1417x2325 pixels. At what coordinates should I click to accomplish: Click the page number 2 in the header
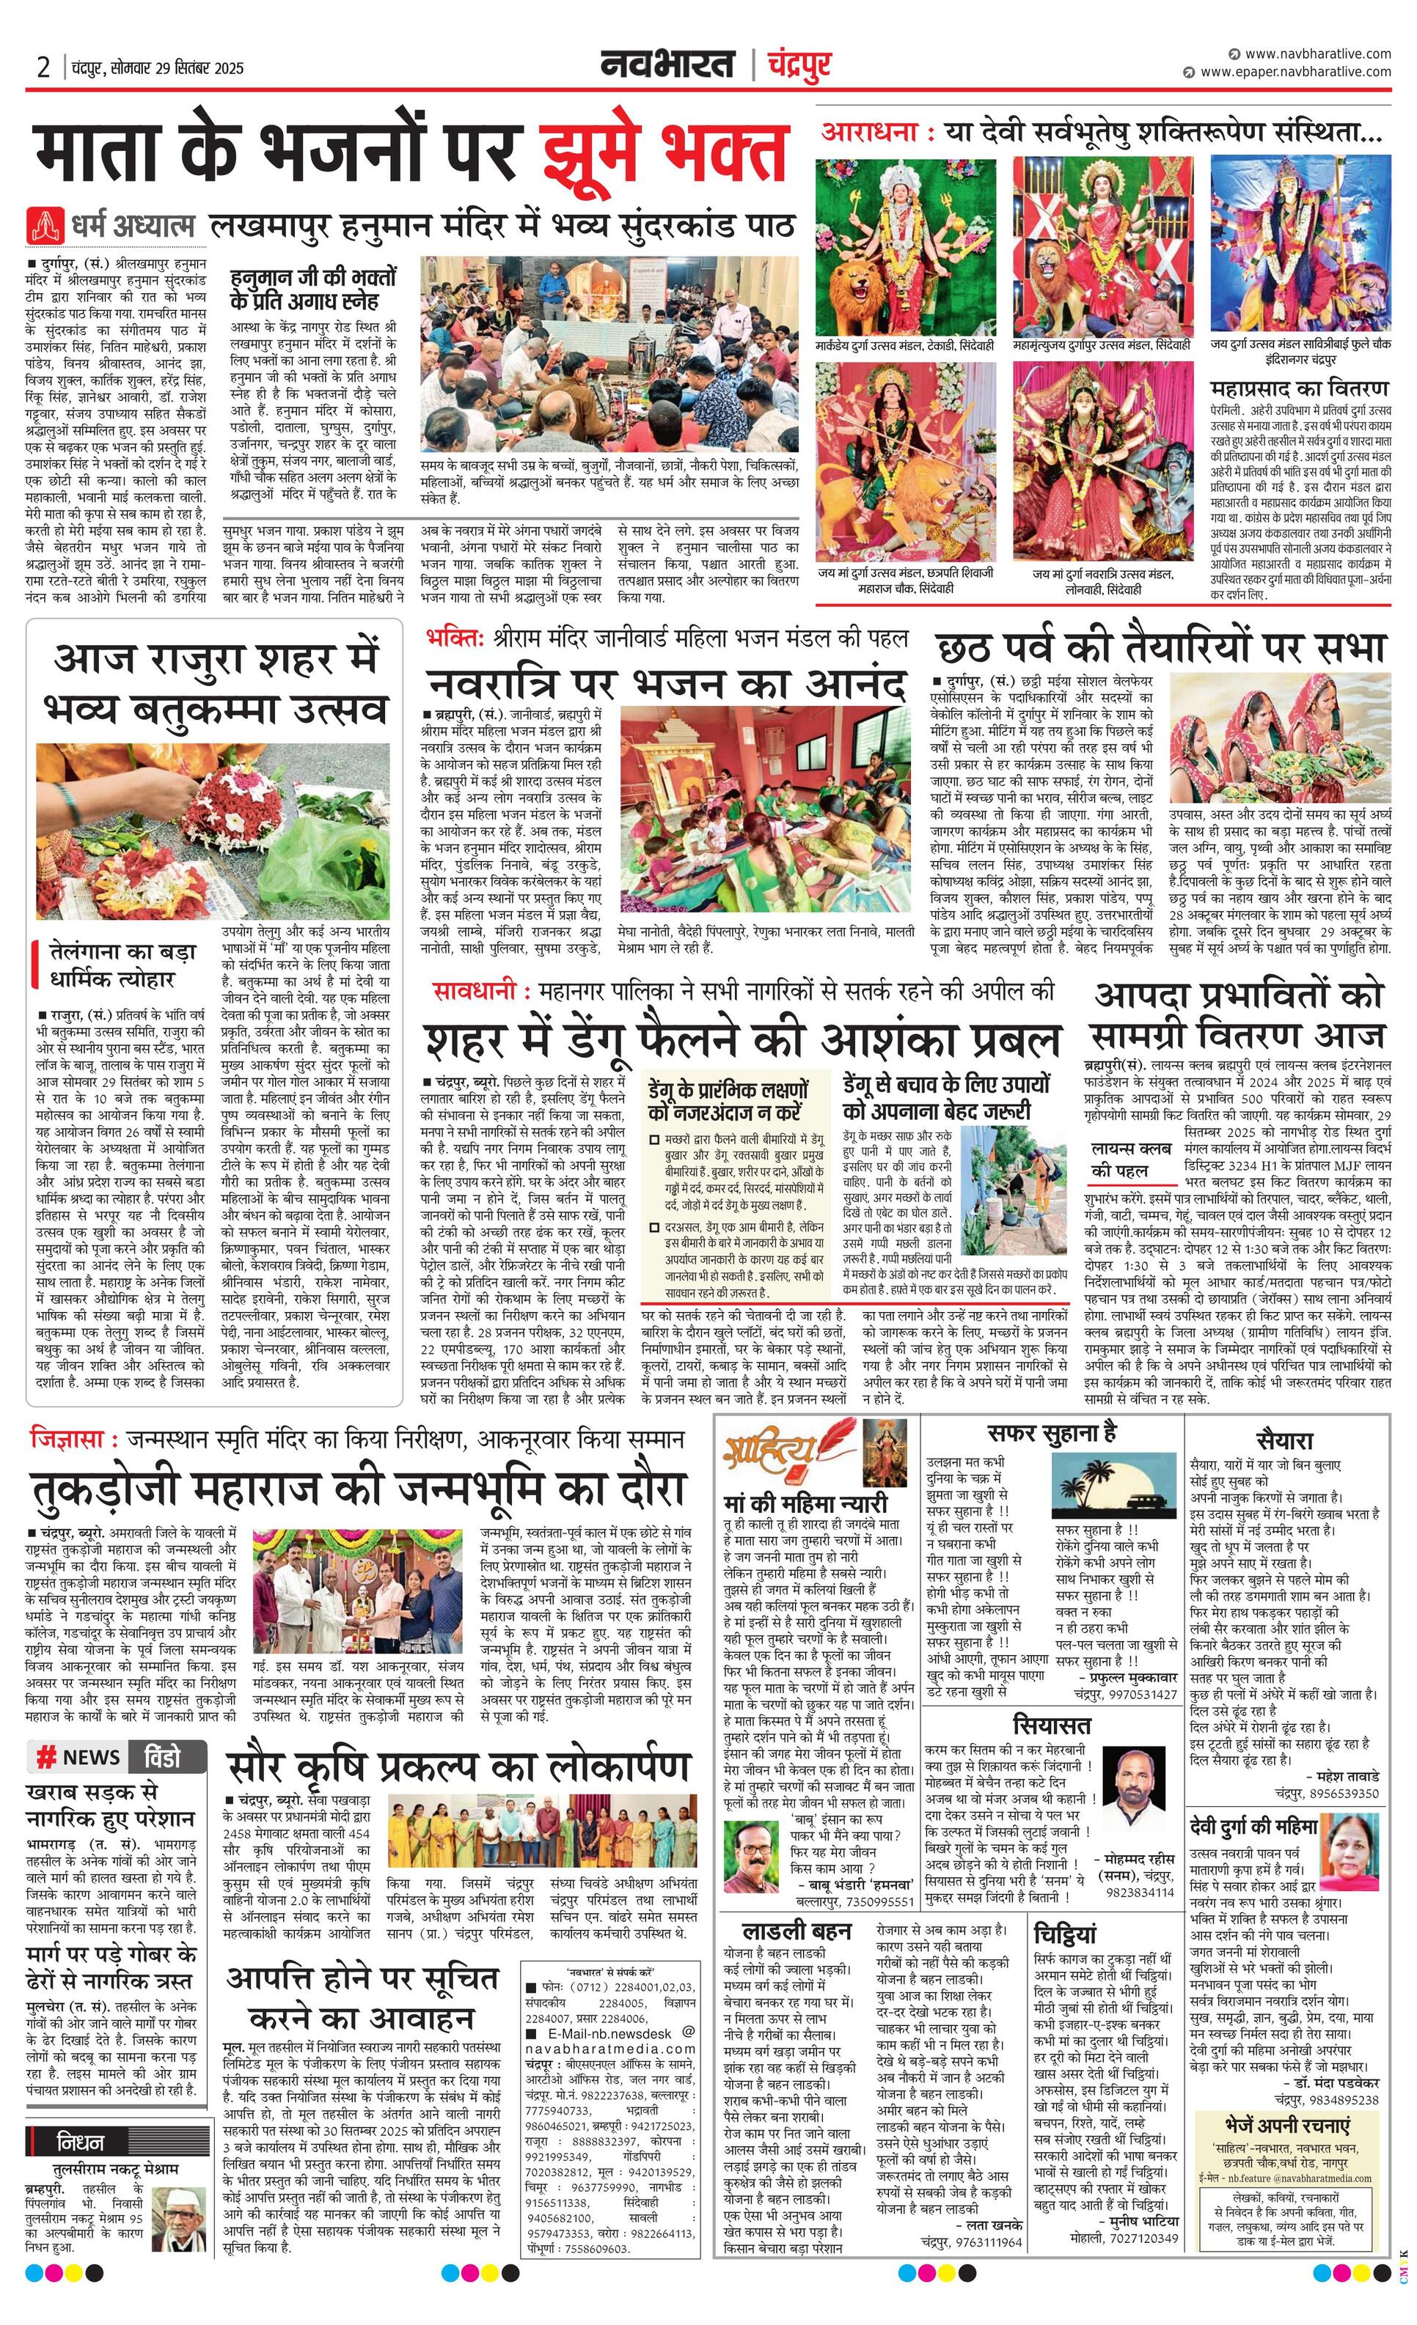(x=42, y=68)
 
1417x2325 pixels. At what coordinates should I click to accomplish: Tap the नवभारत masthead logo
(x=667, y=65)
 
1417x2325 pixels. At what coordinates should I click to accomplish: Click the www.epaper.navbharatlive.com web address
(x=1295, y=72)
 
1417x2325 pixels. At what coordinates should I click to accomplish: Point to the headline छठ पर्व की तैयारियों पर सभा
(x=1160, y=647)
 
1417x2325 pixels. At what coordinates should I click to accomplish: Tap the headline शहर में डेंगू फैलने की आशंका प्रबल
(x=743, y=1040)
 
